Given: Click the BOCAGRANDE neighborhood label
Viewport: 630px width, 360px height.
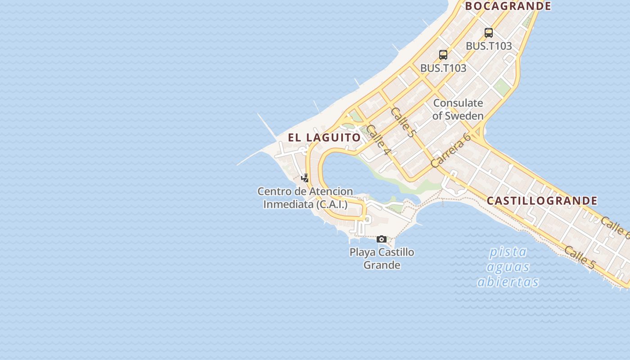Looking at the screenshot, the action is click(x=508, y=6).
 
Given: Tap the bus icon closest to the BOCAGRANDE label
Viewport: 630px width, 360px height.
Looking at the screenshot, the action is click(x=489, y=33).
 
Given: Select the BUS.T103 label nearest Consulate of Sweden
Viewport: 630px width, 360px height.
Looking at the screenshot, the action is click(x=443, y=68).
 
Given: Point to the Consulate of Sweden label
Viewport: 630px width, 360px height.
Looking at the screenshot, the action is click(x=458, y=109).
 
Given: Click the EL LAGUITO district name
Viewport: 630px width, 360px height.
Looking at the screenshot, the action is click(x=324, y=138).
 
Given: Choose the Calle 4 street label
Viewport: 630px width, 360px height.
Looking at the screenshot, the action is click(x=378, y=140).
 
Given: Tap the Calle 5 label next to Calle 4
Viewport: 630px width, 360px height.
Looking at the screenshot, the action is click(x=402, y=122).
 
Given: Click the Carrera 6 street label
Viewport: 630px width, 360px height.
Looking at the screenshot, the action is click(x=450, y=150).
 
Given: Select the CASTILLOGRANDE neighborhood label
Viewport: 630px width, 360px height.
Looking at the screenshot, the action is click(x=542, y=201).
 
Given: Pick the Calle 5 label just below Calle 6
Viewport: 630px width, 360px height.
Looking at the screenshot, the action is click(x=580, y=258).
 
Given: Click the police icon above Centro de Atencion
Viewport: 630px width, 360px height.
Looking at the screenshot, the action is click(x=305, y=178).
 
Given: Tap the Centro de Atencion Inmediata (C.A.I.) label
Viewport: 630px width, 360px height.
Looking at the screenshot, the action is click(x=305, y=198).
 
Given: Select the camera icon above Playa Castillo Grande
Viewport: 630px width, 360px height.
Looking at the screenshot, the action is click(x=382, y=239).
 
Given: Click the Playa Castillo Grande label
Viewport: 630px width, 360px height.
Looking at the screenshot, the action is click(x=382, y=258).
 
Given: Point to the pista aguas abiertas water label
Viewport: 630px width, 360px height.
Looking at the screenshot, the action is click(x=508, y=267).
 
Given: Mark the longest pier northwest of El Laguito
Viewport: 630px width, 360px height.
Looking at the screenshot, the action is click(x=267, y=126).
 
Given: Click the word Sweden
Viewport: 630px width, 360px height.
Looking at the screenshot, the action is click(x=464, y=116).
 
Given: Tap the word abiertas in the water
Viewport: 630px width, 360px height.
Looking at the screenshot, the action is click(x=508, y=282).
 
